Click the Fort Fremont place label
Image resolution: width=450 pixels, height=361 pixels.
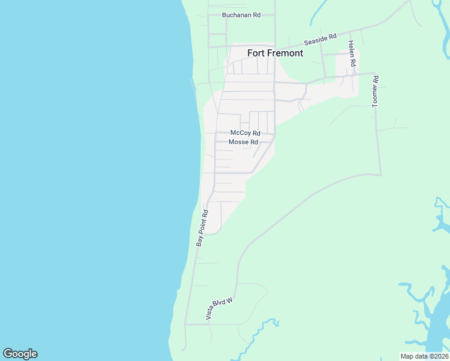275,53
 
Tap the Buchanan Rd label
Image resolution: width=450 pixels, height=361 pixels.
241,15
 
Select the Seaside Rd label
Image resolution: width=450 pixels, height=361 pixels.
319,41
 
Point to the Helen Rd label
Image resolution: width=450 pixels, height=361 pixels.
352,54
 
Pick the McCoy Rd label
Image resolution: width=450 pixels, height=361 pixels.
245,133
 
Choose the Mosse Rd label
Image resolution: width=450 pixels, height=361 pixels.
244,142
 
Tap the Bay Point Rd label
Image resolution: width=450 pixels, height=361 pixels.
202,228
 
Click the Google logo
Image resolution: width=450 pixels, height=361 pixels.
20,354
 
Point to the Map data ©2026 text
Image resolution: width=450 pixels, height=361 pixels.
425,356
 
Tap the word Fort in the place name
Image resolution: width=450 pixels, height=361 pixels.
256,53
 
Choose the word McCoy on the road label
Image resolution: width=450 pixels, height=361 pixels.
241,133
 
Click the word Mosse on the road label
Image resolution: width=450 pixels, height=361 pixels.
239,142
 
